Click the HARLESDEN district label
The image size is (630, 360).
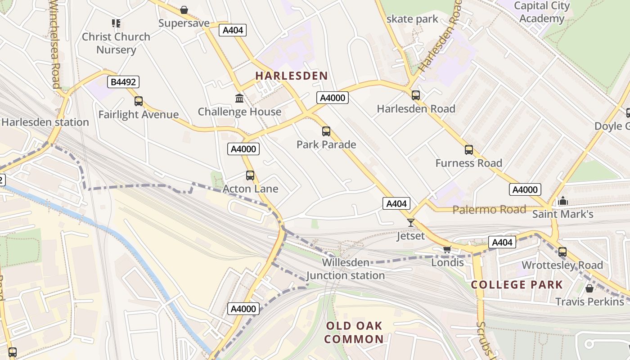292,76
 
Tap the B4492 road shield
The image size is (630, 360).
123,82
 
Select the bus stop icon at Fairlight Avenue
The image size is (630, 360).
139,101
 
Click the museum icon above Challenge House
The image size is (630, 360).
239,98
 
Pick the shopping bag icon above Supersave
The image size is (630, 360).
184,10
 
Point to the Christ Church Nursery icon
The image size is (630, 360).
116,23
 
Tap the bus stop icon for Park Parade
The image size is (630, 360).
326,131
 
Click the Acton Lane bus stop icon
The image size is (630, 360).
250,175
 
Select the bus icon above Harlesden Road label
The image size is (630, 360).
416,95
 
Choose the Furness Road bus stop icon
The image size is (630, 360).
469,150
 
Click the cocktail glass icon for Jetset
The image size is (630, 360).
410,222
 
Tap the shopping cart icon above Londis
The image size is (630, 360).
447,249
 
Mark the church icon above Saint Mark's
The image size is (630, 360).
562,201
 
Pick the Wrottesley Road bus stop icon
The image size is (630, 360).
562,252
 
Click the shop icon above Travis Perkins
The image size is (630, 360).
589,288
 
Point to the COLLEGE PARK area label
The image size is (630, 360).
517,284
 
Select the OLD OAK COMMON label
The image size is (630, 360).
354,333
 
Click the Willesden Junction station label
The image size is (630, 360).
346,269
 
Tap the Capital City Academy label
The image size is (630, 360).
542,12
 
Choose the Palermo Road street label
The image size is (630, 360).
489,210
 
